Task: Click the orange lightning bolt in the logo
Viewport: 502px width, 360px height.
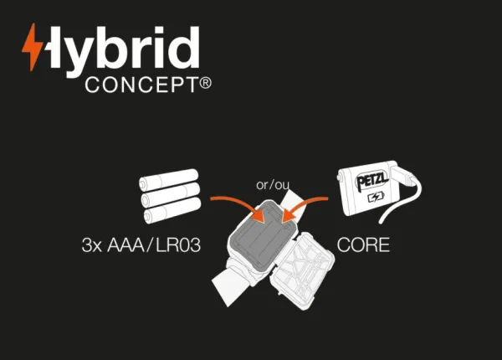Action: tap(32, 47)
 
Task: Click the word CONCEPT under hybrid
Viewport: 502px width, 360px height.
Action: tap(141, 85)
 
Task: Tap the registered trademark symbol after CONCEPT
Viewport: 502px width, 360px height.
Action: tap(205, 83)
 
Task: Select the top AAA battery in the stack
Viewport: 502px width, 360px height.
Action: tap(169, 179)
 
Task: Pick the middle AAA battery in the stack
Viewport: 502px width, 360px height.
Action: tap(171, 194)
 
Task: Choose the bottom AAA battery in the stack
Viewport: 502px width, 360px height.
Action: tap(172, 210)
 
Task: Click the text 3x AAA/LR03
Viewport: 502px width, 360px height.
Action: tap(141, 245)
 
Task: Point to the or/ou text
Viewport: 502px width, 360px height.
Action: tap(273, 185)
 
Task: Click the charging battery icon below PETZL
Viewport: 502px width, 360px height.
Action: tap(376, 197)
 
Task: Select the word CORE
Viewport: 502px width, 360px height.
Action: tap(363, 245)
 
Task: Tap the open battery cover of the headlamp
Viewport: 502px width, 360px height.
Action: tap(301, 271)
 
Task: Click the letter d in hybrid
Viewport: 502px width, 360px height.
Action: tap(185, 48)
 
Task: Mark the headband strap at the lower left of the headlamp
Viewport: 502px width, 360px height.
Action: tap(231, 285)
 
